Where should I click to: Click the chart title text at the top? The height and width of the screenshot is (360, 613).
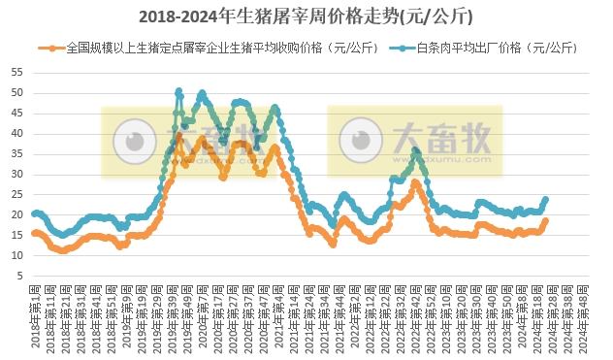point(306,16)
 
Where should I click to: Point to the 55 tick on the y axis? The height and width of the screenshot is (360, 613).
point(17,73)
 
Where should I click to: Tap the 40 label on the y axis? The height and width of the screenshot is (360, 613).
point(17,134)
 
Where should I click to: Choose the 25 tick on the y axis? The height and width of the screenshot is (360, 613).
point(17,195)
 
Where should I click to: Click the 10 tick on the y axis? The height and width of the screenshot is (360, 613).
point(17,256)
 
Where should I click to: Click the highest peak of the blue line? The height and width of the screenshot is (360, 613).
point(178,91)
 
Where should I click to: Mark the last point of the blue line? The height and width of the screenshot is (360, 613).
point(545,199)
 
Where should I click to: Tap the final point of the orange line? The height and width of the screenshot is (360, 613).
point(545,220)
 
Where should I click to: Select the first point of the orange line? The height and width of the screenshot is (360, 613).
point(34,233)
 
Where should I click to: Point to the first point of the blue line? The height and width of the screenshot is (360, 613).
point(34,213)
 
